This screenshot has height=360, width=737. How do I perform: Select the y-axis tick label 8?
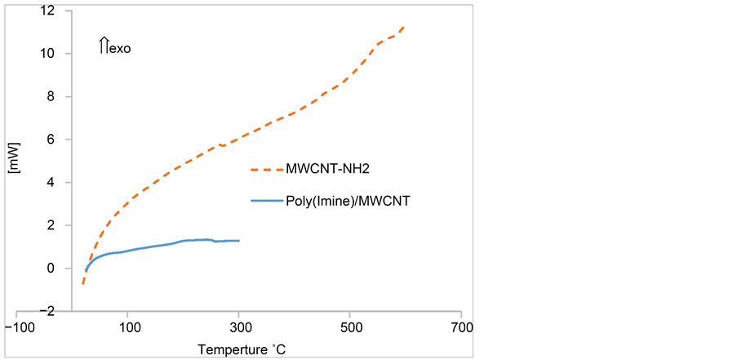(x=50, y=96)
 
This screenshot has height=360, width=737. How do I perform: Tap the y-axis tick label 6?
(x=50, y=140)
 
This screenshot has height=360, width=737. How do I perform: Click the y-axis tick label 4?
(x=50, y=183)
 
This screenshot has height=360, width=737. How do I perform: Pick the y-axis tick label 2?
(x=50, y=225)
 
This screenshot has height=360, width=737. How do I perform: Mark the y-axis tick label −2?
(x=47, y=311)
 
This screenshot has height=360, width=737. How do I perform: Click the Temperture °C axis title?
(x=242, y=349)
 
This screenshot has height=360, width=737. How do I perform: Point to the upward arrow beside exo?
(x=104, y=47)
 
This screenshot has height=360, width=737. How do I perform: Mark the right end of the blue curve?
(x=239, y=241)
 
